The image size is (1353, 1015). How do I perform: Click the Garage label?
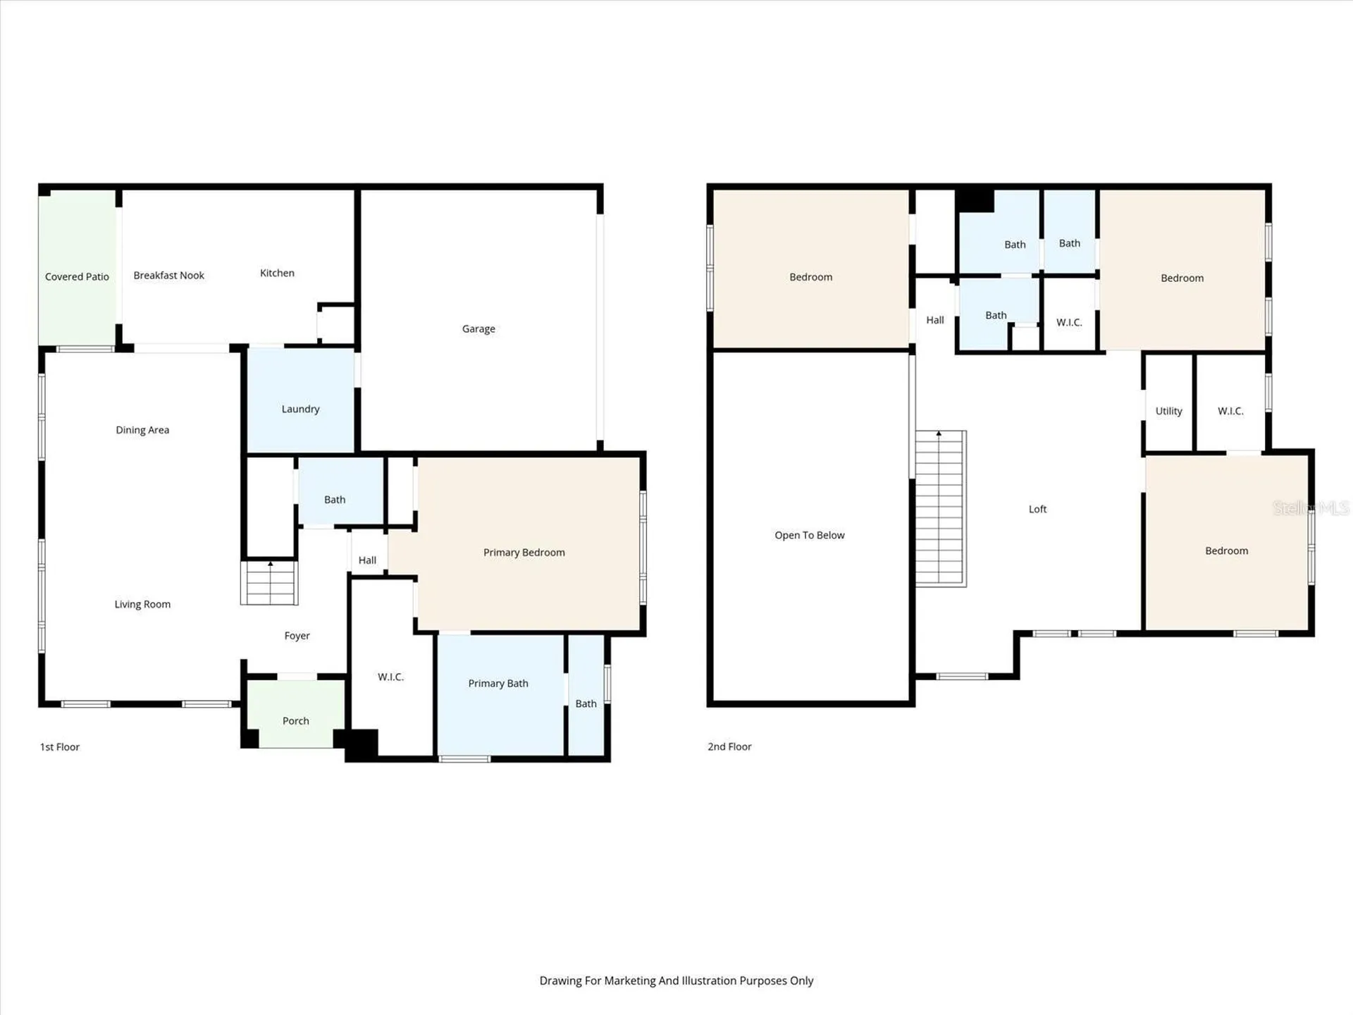(478, 329)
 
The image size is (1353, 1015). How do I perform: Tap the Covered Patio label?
(77, 277)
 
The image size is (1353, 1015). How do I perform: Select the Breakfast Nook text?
(168, 276)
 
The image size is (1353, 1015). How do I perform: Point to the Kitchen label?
(277, 273)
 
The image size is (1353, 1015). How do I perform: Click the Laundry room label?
(300, 410)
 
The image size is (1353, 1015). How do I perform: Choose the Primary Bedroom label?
(524, 553)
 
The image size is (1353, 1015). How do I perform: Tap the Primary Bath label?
(498, 684)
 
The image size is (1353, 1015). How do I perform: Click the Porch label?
(296, 721)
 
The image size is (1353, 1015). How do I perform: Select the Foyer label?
(297, 636)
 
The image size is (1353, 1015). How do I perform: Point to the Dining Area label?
(142, 430)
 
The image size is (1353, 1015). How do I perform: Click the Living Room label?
(142, 604)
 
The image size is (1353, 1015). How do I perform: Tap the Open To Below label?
(810, 536)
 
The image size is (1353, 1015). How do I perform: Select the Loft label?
(1037, 509)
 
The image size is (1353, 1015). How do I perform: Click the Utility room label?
(1168, 411)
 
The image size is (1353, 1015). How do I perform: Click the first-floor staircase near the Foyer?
(269, 583)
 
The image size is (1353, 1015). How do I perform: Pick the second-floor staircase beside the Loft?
(941, 509)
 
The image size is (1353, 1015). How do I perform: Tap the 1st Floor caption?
(60, 747)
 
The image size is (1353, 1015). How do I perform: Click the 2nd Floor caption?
(729, 746)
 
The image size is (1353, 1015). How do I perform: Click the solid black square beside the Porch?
(361, 744)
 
